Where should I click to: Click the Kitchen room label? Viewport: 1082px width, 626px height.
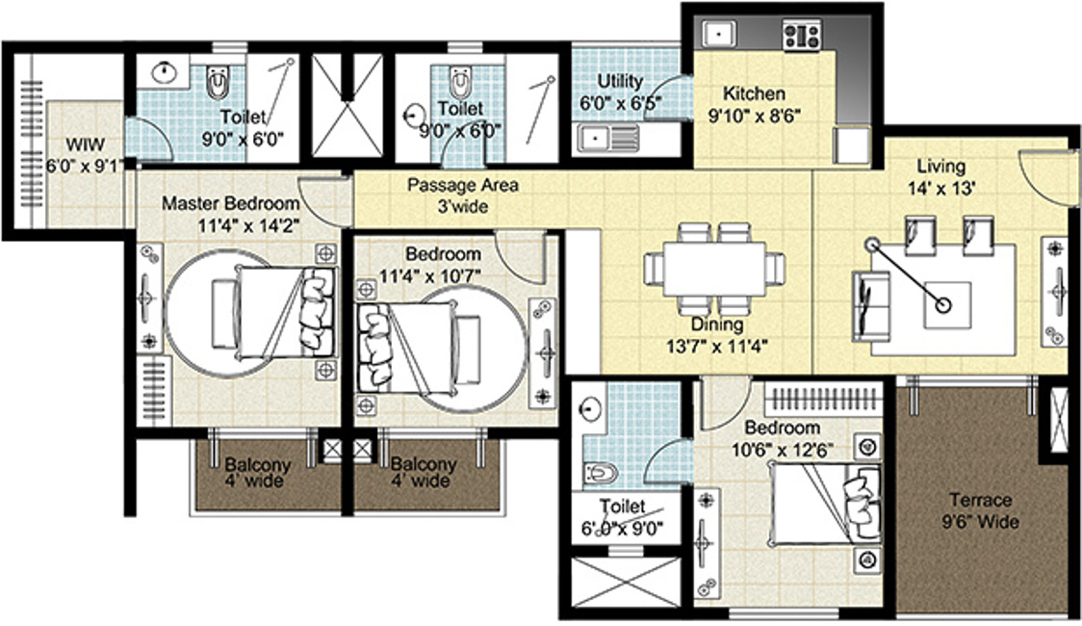754,94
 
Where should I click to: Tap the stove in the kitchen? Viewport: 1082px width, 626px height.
801,37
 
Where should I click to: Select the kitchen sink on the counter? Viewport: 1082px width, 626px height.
717,35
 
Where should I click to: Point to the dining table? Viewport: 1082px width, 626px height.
713,267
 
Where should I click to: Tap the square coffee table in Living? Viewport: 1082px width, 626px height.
946,305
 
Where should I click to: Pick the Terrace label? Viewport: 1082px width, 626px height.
980,501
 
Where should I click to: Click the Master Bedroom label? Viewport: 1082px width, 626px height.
229,204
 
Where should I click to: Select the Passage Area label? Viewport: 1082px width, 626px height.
448,185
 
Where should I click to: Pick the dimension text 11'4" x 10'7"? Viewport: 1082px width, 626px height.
442,276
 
